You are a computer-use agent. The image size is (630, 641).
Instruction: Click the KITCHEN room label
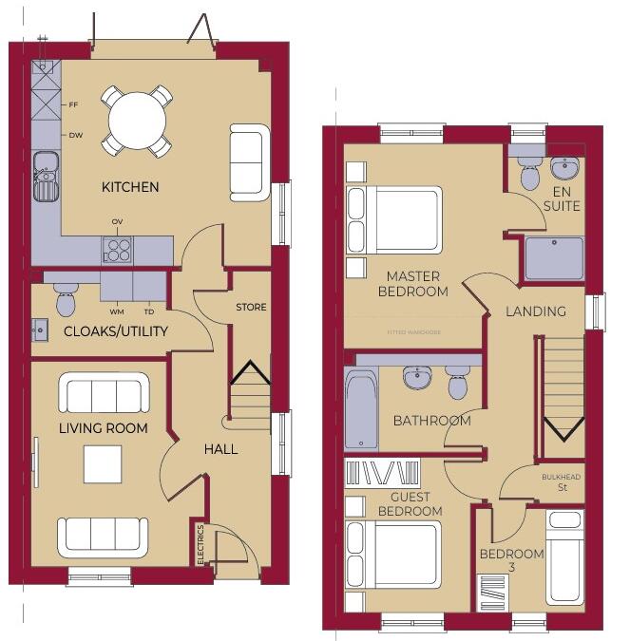tap(130, 187)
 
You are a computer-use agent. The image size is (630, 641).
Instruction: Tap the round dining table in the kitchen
tap(138, 121)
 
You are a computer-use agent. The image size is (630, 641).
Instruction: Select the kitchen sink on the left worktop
tap(45, 177)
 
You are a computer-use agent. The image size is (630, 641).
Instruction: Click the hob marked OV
tap(118, 250)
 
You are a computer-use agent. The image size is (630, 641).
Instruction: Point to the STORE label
tap(251, 308)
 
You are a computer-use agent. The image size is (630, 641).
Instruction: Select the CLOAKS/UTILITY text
tap(116, 331)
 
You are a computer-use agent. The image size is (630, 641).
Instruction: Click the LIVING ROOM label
tap(104, 428)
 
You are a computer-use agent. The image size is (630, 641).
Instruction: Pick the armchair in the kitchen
tap(248, 161)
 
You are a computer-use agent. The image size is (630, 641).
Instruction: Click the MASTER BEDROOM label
tap(412, 284)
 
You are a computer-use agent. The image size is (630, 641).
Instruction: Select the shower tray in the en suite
tap(554, 258)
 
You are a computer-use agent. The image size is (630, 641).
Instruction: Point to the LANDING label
tap(535, 311)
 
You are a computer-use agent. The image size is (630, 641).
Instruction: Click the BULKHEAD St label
tap(560, 482)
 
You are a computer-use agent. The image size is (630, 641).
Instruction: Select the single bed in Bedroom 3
tap(565, 556)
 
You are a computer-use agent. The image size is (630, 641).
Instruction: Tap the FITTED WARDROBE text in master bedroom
tap(412, 332)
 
